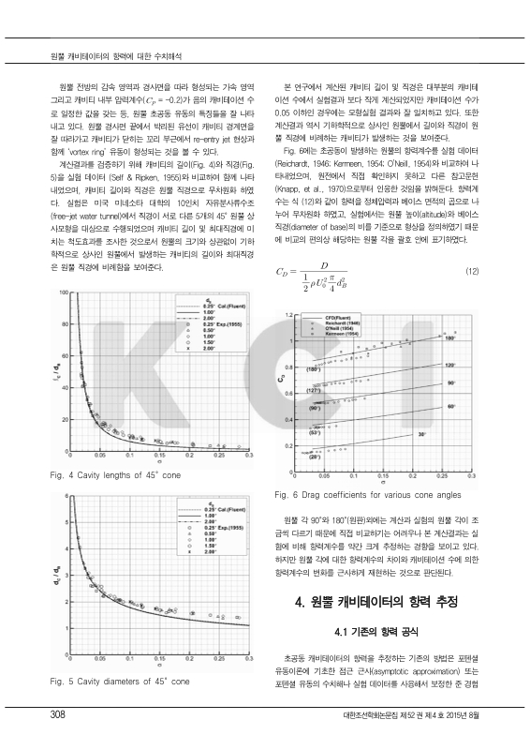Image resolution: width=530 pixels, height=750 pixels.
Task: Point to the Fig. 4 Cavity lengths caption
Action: (108, 475)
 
